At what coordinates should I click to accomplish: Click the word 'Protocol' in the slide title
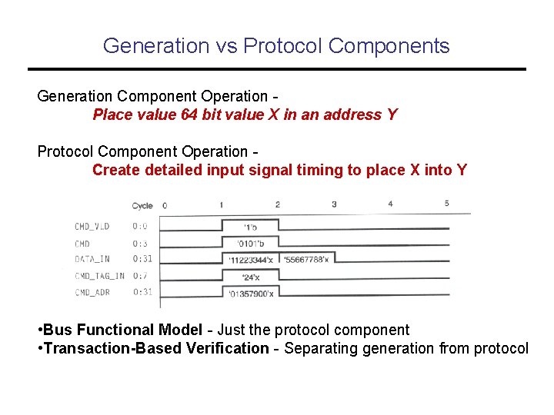(282, 46)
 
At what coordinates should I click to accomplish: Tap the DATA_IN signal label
(93, 259)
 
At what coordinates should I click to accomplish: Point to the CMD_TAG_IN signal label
(98, 275)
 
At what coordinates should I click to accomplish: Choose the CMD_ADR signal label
(93, 292)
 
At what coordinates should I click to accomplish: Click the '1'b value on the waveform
(250, 227)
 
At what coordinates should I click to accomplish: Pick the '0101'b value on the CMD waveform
(250, 244)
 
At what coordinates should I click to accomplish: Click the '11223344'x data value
(250, 260)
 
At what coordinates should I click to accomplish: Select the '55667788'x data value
(305, 260)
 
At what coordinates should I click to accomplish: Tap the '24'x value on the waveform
(250, 277)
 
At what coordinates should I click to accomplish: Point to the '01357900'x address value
(251, 293)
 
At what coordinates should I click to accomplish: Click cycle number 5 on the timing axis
(446, 204)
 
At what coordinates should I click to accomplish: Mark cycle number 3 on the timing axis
(334, 204)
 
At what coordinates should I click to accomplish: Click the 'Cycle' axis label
(142, 205)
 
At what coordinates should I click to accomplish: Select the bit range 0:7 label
(140, 275)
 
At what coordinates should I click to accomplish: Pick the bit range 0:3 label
(140, 243)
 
